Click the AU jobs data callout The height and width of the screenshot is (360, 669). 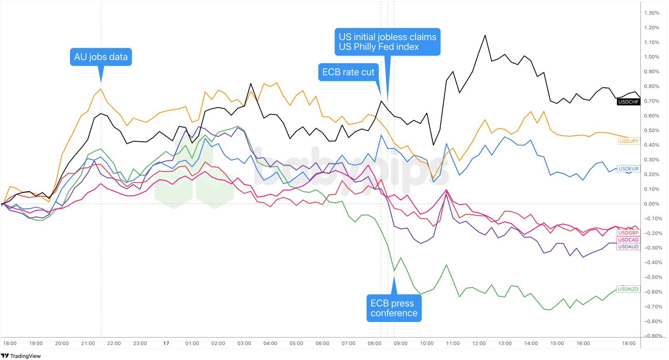click(101, 57)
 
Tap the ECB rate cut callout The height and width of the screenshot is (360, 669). click(348, 72)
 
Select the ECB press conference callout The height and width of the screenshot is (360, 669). click(394, 308)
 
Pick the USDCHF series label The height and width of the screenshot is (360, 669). click(628, 102)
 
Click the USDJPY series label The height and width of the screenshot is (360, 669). click(629, 141)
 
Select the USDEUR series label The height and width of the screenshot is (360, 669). click(628, 169)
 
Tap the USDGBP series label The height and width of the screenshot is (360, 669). click(628, 233)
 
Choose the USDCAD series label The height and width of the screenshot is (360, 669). click(628, 240)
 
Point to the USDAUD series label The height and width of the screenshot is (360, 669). click(628, 247)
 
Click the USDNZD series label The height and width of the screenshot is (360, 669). click(628, 289)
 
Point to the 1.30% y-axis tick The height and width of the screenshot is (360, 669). click(651, 13)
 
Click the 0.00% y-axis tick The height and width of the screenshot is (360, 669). click(651, 204)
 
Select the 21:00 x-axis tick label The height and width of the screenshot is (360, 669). click(88, 343)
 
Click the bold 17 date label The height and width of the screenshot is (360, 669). click(166, 343)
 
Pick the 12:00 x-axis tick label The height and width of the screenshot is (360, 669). click(479, 343)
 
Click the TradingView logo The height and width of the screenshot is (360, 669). click(21, 356)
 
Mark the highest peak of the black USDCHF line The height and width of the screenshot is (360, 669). click(485, 36)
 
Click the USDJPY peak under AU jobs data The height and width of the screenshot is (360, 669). click(101, 89)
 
